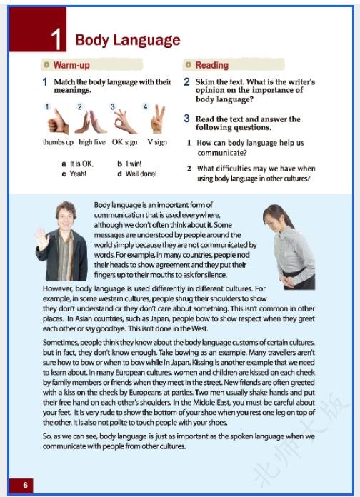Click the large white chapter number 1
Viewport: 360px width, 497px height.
click(x=56, y=39)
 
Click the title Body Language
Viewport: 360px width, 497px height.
click(x=128, y=40)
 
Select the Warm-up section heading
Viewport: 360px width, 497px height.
click(x=71, y=65)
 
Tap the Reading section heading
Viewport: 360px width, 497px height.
click(x=211, y=65)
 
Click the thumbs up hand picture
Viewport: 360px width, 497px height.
click(x=58, y=121)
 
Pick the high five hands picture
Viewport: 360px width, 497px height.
click(x=91, y=121)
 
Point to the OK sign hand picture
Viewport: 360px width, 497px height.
click(x=125, y=121)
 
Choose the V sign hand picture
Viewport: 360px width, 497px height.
click(x=158, y=119)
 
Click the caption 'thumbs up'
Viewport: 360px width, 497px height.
click(x=58, y=142)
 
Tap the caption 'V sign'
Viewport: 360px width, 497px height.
click(x=157, y=142)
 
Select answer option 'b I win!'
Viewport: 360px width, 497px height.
click(x=129, y=164)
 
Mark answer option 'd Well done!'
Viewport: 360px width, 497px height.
click(x=137, y=174)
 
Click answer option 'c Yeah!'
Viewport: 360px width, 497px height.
click(x=74, y=174)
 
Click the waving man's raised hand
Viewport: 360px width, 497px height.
click(x=42, y=239)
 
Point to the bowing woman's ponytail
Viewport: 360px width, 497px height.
click(x=286, y=216)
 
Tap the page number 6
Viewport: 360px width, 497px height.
click(x=26, y=485)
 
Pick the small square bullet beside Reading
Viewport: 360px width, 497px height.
click(x=189, y=65)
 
